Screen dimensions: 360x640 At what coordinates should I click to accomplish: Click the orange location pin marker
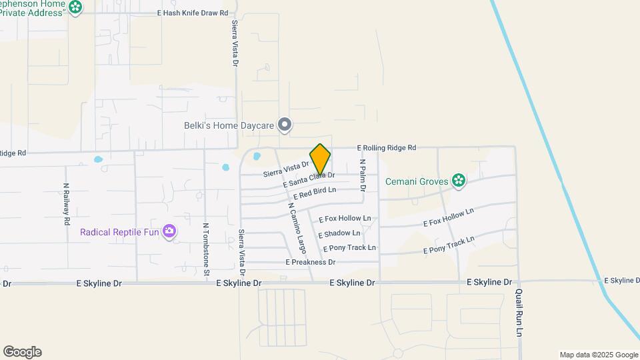point(321,159)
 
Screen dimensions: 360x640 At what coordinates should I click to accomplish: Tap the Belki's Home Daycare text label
point(229,125)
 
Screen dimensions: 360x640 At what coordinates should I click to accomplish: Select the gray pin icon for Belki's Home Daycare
point(285,125)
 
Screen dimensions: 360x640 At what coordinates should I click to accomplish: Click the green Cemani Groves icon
point(458,180)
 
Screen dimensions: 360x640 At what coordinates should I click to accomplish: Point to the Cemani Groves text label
point(417,180)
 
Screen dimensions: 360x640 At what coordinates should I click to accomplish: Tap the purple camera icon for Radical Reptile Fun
point(170,231)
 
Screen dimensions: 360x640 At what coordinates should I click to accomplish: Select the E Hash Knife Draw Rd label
point(193,13)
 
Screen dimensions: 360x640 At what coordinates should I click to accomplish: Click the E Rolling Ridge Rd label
point(387,147)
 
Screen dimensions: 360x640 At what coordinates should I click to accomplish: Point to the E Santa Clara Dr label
point(309,179)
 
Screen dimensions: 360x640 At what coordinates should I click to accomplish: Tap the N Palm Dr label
point(363,175)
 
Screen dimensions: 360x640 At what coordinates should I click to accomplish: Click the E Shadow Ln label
point(339,233)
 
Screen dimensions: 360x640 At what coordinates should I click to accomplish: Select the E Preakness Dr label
point(310,263)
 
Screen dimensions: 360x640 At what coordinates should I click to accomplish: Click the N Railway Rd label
point(67,203)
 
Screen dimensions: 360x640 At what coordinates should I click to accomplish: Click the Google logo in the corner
point(22,352)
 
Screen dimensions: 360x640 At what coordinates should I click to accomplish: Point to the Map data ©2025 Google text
point(599,355)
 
